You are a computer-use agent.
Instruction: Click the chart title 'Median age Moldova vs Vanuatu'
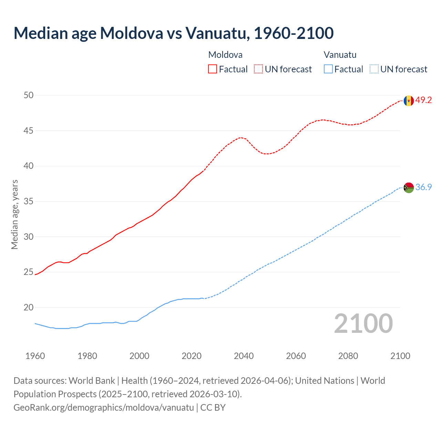[173, 33]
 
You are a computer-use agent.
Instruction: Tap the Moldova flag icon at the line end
[409, 101]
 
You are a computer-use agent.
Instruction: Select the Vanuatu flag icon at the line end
[409, 188]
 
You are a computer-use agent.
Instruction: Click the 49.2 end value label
[423, 100]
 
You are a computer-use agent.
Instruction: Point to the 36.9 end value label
[423, 187]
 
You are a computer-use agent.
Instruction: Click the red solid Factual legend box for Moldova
[213, 69]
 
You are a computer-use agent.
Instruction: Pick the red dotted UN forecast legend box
[258, 69]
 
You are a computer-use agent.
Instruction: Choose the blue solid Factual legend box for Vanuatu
[328, 69]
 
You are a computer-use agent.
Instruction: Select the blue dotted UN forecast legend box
[374, 69]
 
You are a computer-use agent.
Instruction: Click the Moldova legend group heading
[225, 55]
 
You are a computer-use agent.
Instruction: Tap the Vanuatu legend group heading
[340, 55]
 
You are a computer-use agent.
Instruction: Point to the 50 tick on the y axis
[29, 95]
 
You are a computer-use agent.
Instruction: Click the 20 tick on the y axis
[29, 307]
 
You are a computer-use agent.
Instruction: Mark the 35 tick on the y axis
[29, 201]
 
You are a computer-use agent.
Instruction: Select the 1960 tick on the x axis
[35, 356]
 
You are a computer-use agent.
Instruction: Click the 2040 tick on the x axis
[244, 356]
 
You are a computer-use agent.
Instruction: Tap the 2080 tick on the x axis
[348, 356]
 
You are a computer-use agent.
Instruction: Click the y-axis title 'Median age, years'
[14, 214]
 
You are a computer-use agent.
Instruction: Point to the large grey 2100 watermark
[363, 324]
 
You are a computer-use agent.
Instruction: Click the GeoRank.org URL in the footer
[104, 408]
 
